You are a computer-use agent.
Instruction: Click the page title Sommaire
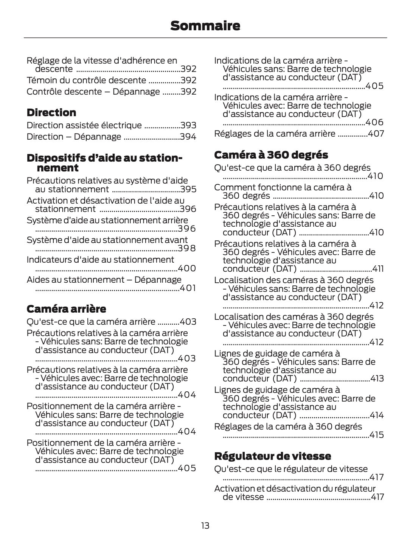[205, 26]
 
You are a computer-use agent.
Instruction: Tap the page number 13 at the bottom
[205, 526]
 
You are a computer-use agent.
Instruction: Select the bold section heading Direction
[51, 112]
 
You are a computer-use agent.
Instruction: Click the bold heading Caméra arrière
[66, 309]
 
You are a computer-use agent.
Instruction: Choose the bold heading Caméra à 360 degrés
[271, 155]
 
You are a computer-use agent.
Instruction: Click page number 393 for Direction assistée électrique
[188, 125]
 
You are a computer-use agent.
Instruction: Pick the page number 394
[188, 137]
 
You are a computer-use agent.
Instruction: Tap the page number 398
[187, 249]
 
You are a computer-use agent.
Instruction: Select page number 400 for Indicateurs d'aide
[187, 268]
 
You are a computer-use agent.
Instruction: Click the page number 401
[188, 288]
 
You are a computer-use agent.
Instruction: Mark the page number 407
[376, 134]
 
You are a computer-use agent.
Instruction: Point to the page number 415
[376, 435]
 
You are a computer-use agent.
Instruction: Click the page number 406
[374, 122]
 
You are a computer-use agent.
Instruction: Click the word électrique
[121, 125]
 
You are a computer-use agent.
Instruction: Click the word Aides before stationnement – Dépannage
[37, 280]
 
